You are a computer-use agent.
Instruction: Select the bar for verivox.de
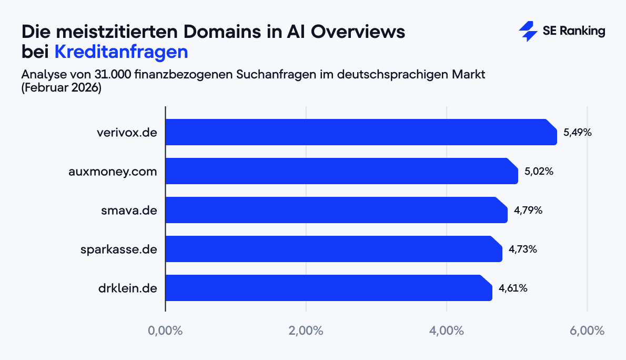click(x=361, y=132)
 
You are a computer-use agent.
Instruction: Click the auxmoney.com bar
click(x=342, y=171)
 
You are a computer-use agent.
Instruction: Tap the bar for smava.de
click(x=337, y=210)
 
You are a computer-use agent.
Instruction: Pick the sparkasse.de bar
click(x=334, y=249)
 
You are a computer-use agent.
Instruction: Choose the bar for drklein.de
click(x=329, y=288)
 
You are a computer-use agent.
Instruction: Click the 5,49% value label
click(x=578, y=133)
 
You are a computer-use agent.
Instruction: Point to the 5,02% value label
click(x=539, y=172)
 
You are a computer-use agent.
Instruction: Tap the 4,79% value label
click(x=528, y=211)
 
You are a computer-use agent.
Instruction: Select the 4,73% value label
click(x=522, y=249)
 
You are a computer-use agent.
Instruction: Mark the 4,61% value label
click(x=513, y=288)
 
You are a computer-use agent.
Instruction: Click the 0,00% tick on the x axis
click(x=165, y=331)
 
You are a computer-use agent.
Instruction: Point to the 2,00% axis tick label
click(x=306, y=331)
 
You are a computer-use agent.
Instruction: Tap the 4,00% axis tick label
click(x=446, y=331)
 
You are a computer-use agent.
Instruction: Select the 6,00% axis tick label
click(x=587, y=331)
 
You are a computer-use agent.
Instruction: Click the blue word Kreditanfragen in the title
click(x=121, y=52)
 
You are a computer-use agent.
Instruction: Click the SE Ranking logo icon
click(x=528, y=32)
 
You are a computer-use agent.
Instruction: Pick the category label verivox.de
click(x=127, y=133)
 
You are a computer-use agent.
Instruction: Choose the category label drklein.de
click(x=128, y=288)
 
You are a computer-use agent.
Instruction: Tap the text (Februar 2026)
click(x=61, y=87)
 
